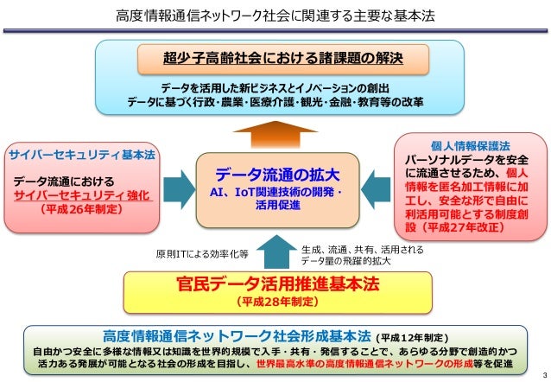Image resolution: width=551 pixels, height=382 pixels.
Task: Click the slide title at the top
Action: (275, 16)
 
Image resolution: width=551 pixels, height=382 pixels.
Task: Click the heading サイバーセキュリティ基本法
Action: (82, 155)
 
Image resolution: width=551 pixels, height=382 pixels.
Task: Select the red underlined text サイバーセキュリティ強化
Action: (82, 195)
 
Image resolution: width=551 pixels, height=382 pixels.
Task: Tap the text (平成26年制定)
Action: (82, 209)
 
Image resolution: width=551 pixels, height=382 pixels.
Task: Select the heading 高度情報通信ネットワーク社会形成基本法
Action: (237, 335)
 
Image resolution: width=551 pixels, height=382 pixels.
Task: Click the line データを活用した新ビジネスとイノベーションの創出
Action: (274, 88)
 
